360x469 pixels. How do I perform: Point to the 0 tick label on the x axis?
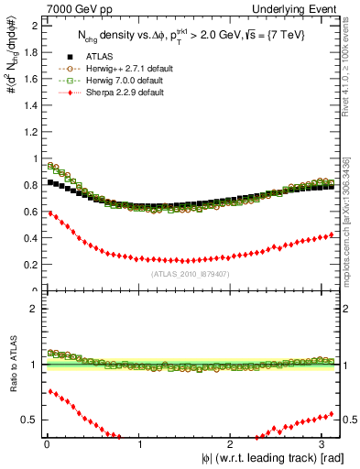coord(46,444)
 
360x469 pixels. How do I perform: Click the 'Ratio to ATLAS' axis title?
coord(11,365)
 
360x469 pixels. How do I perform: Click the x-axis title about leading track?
coord(267,457)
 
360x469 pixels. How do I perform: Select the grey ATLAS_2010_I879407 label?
coord(190,274)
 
